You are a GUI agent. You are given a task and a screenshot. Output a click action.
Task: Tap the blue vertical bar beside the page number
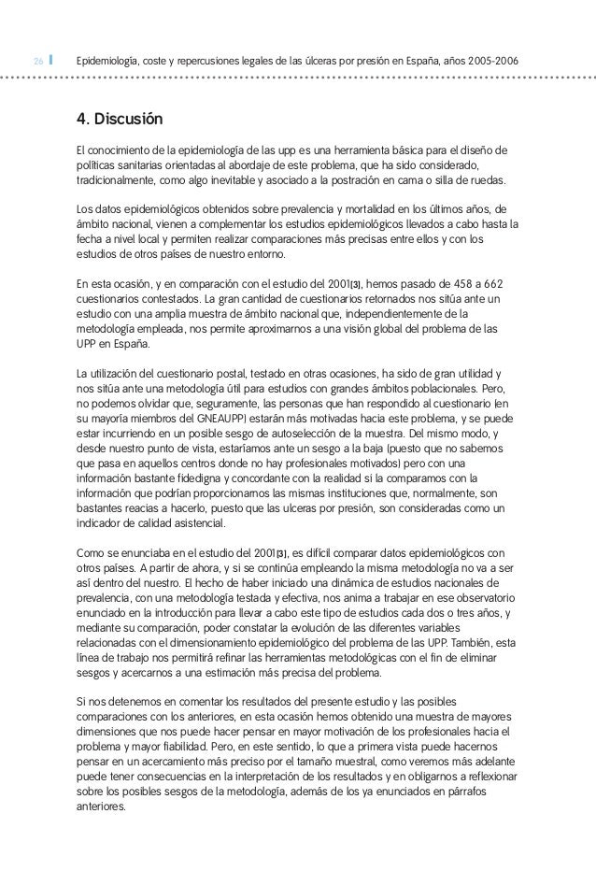pyautogui.click(x=51, y=62)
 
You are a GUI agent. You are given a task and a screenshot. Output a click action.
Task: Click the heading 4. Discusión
pyautogui.click(x=120, y=121)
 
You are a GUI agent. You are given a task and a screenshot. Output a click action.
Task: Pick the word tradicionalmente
pyautogui.click(x=120, y=180)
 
